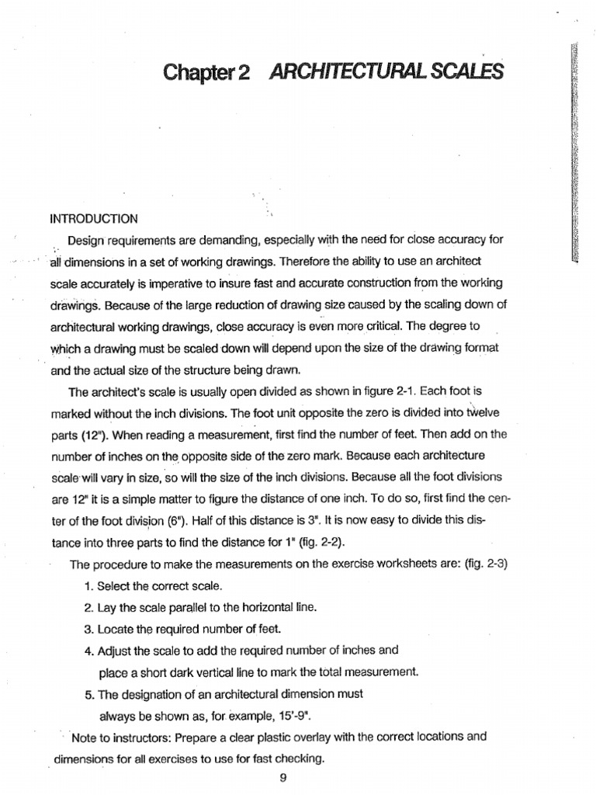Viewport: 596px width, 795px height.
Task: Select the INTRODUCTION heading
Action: coord(94,219)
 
